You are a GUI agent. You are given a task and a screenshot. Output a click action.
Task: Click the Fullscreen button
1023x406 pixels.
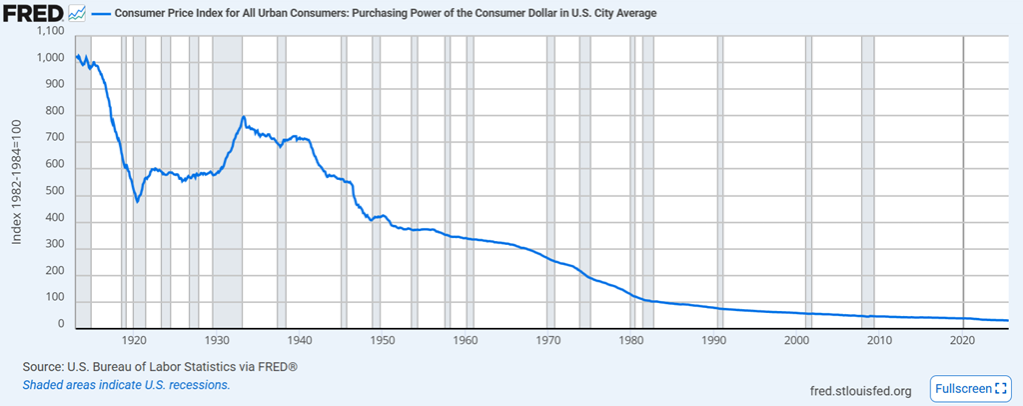click(x=971, y=388)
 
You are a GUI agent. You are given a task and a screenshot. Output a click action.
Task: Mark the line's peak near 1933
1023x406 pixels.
click(x=243, y=117)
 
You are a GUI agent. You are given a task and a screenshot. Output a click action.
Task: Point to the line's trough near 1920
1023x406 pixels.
click(x=137, y=202)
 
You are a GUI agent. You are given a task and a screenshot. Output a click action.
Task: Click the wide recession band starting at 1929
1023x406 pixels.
click(x=227, y=180)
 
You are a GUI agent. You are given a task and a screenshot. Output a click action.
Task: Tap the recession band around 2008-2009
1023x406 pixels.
click(x=867, y=180)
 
